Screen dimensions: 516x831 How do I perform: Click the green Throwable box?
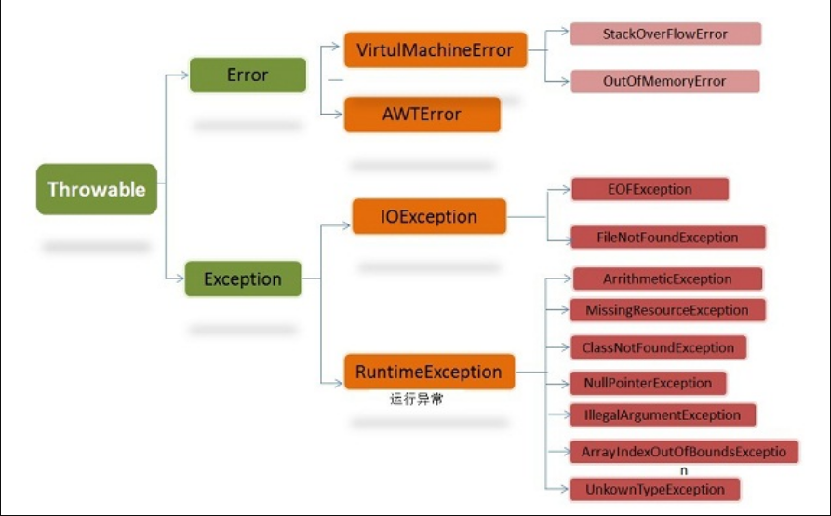(97, 189)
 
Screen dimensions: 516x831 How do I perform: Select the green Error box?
(248, 75)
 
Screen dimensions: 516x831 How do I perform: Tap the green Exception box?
(243, 278)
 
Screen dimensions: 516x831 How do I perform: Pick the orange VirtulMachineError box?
(435, 48)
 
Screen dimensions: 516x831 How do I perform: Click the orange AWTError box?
(422, 115)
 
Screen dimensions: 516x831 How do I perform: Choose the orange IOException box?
(429, 217)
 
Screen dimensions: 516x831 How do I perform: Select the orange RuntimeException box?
(429, 372)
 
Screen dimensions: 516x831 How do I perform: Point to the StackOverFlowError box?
(665, 34)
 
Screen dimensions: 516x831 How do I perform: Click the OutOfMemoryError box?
(664, 81)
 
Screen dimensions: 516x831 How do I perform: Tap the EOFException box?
(649, 189)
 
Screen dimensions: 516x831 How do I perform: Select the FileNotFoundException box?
(667, 237)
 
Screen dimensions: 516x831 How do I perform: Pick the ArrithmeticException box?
(667, 278)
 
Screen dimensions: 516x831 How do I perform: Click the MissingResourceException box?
(667, 309)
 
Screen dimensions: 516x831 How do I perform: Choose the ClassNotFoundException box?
(658, 347)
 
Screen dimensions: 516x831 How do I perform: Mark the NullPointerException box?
(648, 383)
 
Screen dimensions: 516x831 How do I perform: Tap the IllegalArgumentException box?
(662, 414)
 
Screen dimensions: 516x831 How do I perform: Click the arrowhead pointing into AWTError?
(339, 114)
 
